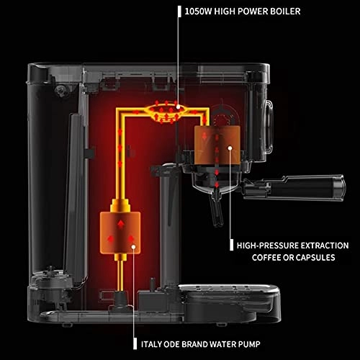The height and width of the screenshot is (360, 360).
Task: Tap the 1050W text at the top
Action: pos(204,11)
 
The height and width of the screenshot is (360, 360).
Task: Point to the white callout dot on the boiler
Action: pos(178,105)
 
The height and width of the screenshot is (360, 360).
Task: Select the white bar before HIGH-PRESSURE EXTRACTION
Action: pos(232,245)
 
